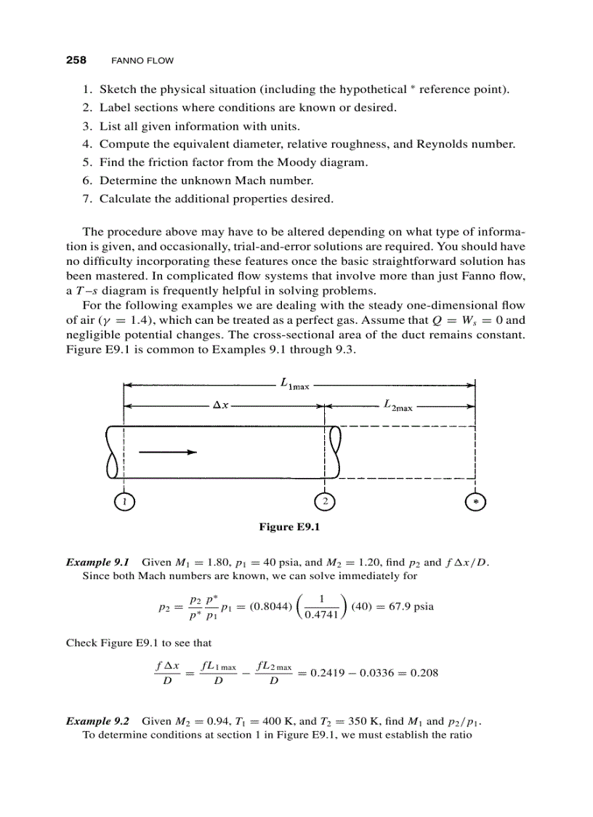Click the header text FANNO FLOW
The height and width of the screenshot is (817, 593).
tap(142, 60)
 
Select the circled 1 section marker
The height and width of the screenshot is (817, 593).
tap(124, 501)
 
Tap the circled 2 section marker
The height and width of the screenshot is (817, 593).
tap(325, 501)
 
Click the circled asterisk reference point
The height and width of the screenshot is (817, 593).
tap(475, 501)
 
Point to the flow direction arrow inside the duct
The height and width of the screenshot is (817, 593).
tap(168, 452)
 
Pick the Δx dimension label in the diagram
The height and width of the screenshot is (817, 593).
tap(220, 405)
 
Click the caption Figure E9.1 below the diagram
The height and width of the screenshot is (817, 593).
tap(289, 527)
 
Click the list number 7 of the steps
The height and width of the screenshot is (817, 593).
tap(85, 199)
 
